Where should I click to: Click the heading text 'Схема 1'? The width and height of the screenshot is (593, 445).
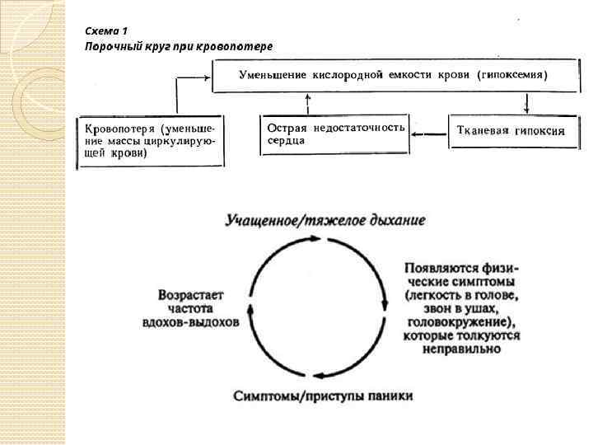click(107, 30)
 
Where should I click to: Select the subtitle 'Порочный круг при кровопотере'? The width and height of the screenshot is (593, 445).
click(178, 46)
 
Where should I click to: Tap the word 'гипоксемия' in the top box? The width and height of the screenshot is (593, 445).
click(513, 74)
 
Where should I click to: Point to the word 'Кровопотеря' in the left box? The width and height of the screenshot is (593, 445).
click(121, 129)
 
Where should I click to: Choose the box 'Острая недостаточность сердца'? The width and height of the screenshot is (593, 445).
click(335, 134)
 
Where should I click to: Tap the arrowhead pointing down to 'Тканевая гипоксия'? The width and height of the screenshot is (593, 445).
click(525, 110)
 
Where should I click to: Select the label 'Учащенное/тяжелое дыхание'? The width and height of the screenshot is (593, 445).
click(325, 221)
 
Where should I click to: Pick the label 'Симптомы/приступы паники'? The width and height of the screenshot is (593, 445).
click(322, 396)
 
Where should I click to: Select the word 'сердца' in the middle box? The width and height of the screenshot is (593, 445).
click(285, 141)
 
